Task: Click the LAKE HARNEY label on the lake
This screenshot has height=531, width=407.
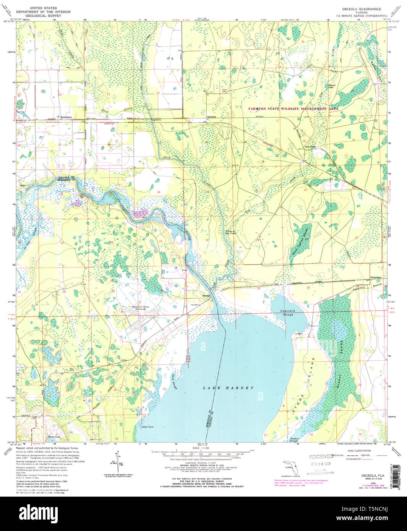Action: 228,388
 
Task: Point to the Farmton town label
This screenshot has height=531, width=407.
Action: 211,117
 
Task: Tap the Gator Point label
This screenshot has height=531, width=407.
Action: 148,427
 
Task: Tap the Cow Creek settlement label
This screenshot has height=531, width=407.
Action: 310,146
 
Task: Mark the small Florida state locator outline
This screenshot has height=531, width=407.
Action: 290,468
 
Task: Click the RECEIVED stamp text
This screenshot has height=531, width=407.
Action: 321,457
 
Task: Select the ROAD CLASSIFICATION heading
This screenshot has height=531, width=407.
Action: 357,451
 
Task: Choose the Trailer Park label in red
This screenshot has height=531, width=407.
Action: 224,91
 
